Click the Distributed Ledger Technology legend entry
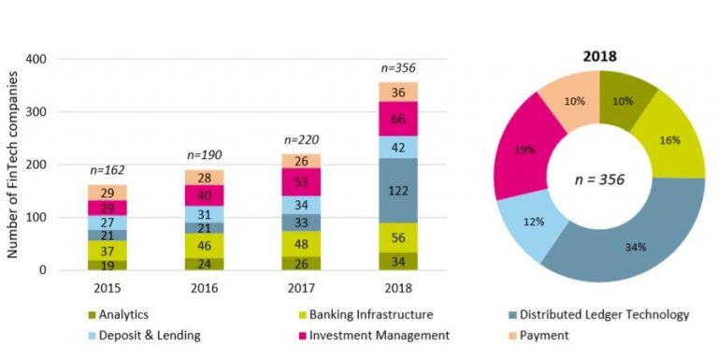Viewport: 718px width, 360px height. (603, 316)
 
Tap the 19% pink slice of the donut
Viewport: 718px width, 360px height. (524, 149)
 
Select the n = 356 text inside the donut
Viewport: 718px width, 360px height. (599, 177)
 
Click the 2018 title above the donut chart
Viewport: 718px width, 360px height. (599, 55)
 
